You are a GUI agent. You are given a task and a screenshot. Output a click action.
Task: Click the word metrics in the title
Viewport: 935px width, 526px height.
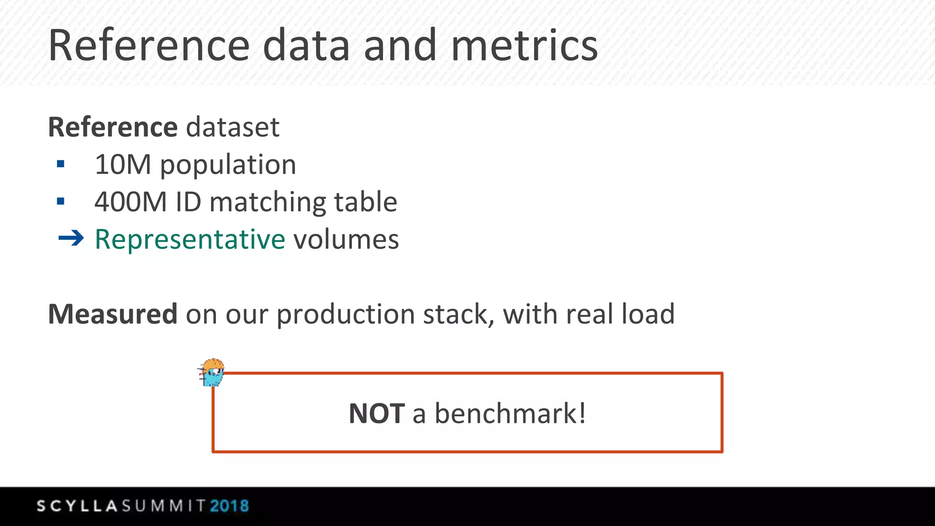524,45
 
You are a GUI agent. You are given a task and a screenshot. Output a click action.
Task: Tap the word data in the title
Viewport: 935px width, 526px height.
306,45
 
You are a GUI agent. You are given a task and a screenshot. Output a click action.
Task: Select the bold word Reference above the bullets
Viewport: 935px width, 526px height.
113,127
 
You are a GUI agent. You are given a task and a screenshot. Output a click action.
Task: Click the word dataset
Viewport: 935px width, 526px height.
232,127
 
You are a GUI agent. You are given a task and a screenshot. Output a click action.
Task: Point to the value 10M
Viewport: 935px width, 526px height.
122,164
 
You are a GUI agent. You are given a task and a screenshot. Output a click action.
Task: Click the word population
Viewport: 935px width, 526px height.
228,165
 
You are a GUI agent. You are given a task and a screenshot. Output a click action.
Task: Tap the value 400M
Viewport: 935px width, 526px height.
131,202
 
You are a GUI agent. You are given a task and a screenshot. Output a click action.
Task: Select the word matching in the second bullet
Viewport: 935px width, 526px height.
268,203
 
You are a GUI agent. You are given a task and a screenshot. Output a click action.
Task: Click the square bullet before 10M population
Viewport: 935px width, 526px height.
61,164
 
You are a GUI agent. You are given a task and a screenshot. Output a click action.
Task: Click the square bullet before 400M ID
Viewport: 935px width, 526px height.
61,201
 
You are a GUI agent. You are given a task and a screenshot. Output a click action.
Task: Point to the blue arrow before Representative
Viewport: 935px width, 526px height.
71,238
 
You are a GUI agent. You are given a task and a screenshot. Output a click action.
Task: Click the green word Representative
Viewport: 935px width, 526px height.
190,240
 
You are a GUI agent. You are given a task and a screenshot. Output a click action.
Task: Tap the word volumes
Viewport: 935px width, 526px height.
346,240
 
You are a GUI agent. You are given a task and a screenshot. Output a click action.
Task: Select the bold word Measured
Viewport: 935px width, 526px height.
113,314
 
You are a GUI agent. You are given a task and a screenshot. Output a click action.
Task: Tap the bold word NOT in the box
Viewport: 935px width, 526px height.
376,414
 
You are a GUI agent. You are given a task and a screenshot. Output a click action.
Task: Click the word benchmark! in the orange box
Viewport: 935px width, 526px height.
510,414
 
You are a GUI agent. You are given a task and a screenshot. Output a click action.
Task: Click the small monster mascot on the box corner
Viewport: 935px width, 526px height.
212,373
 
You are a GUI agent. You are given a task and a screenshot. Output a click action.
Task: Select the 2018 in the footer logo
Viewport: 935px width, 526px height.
229,506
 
